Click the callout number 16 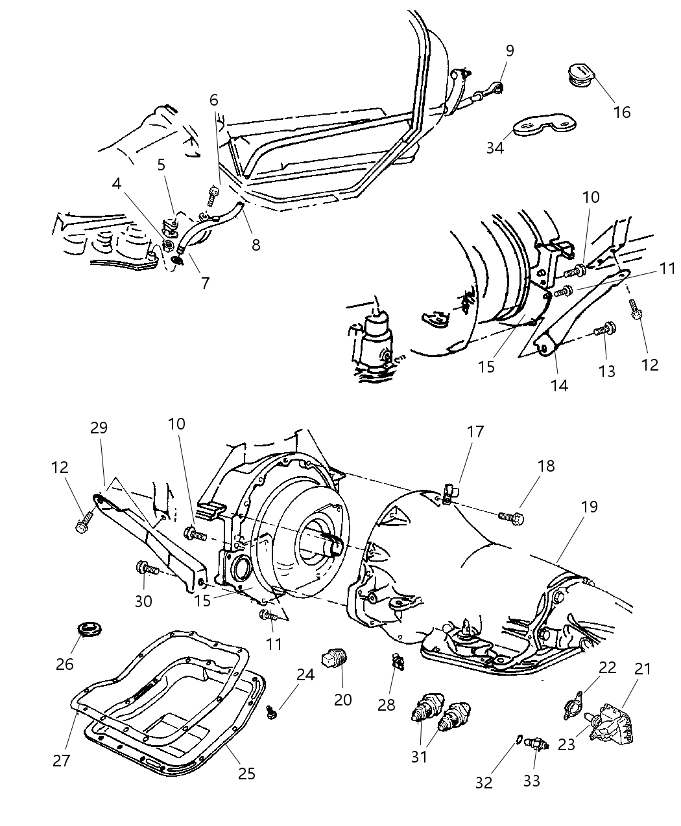point(621,112)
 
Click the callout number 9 point(510,51)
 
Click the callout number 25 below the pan point(246,773)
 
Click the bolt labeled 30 point(147,569)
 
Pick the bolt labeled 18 point(511,516)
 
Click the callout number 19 point(589,507)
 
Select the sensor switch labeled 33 point(538,745)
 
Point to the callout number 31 point(420,756)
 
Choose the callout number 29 point(99,428)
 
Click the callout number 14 point(559,385)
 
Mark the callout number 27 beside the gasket point(62,760)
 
